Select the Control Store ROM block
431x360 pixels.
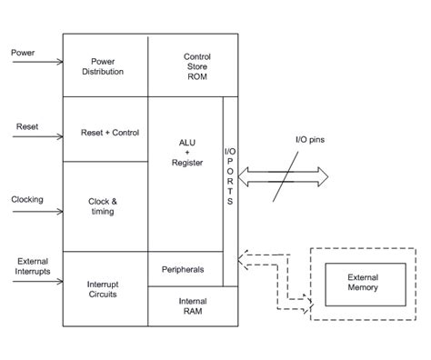pyautogui.click(x=197, y=65)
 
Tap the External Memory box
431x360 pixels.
pyautogui.click(x=363, y=282)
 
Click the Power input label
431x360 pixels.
pyautogui.click(x=23, y=52)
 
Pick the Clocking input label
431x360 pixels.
pyautogui.click(x=27, y=199)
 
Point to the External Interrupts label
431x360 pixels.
pyautogui.click(x=32, y=267)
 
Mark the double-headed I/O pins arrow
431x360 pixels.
pyautogui.click(x=283, y=175)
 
